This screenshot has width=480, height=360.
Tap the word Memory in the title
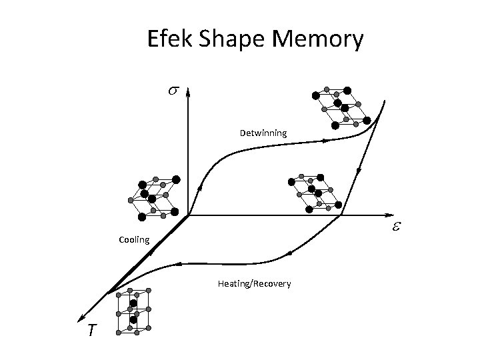point(318,40)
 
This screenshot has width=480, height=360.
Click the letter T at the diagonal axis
point(89,330)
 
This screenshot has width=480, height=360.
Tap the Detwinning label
point(263,133)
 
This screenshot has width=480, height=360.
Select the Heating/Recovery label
point(254,284)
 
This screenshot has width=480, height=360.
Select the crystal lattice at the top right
point(341,107)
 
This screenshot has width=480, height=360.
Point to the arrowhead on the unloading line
point(361,169)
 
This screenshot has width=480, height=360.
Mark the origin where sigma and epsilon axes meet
point(189,215)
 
